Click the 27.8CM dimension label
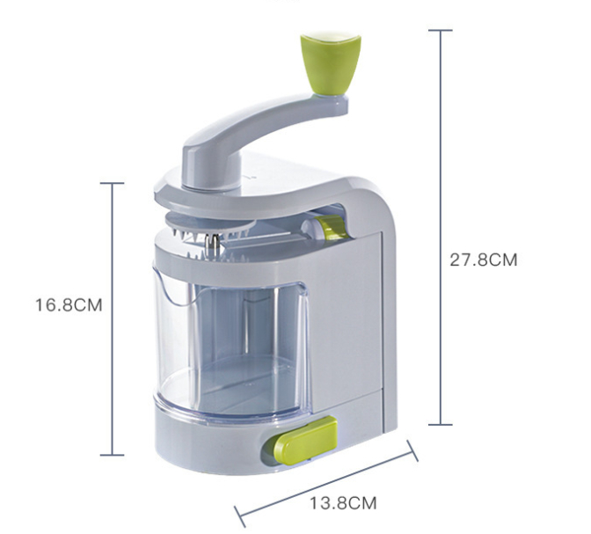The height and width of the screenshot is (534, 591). (x=484, y=260)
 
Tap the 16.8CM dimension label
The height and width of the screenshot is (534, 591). (x=69, y=304)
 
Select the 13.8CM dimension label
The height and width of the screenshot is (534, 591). (x=343, y=503)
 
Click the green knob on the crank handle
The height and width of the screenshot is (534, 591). (x=331, y=63)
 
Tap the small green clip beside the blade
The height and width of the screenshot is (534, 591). (x=332, y=227)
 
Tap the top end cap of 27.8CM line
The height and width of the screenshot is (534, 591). (x=441, y=30)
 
